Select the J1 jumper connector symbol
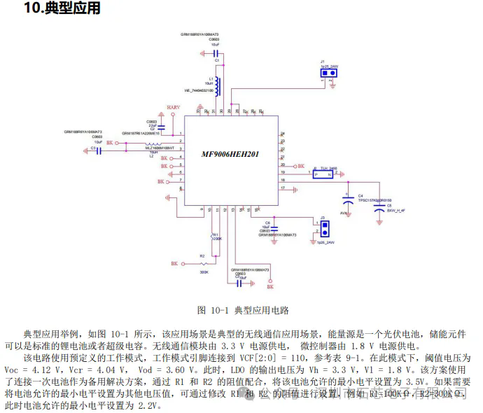click(x=324, y=72)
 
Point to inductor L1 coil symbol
click(x=217, y=86)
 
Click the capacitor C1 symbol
click(x=216, y=52)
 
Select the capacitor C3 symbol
click(x=100, y=148)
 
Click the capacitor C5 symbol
click(x=379, y=208)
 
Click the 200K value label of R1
click(x=217, y=239)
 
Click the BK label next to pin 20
click(x=300, y=167)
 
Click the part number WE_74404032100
click(x=199, y=90)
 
